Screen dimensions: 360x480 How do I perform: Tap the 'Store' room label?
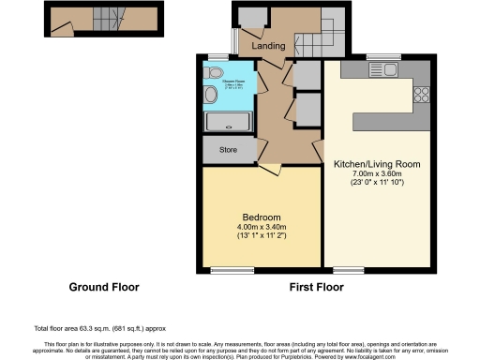[x=227, y=150]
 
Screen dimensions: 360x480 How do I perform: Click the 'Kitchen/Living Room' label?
[x=375, y=164]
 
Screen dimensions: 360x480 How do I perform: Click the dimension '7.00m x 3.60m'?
[x=375, y=175]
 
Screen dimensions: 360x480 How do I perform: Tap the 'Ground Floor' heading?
[x=104, y=287]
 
